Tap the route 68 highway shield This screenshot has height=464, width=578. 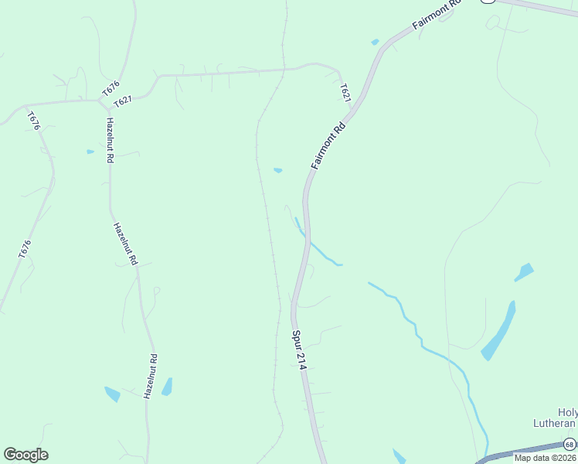(x=569, y=444)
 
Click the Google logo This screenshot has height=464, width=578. (x=25, y=455)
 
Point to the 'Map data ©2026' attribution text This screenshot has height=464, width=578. (x=545, y=458)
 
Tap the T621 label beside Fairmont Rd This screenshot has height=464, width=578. (x=345, y=94)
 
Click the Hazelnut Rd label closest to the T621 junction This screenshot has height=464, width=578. (x=110, y=140)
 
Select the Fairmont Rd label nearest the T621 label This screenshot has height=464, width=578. (x=328, y=145)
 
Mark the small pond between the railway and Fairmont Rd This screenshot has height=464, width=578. (x=277, y=170)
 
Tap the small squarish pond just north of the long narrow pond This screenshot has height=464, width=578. (x=524, y=272)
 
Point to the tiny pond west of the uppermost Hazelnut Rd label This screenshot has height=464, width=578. (x=90, y=152)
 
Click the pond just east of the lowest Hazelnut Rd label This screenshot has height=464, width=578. (x=167, y=387)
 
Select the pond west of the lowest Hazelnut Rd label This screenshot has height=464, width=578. (x=113, y=394)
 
